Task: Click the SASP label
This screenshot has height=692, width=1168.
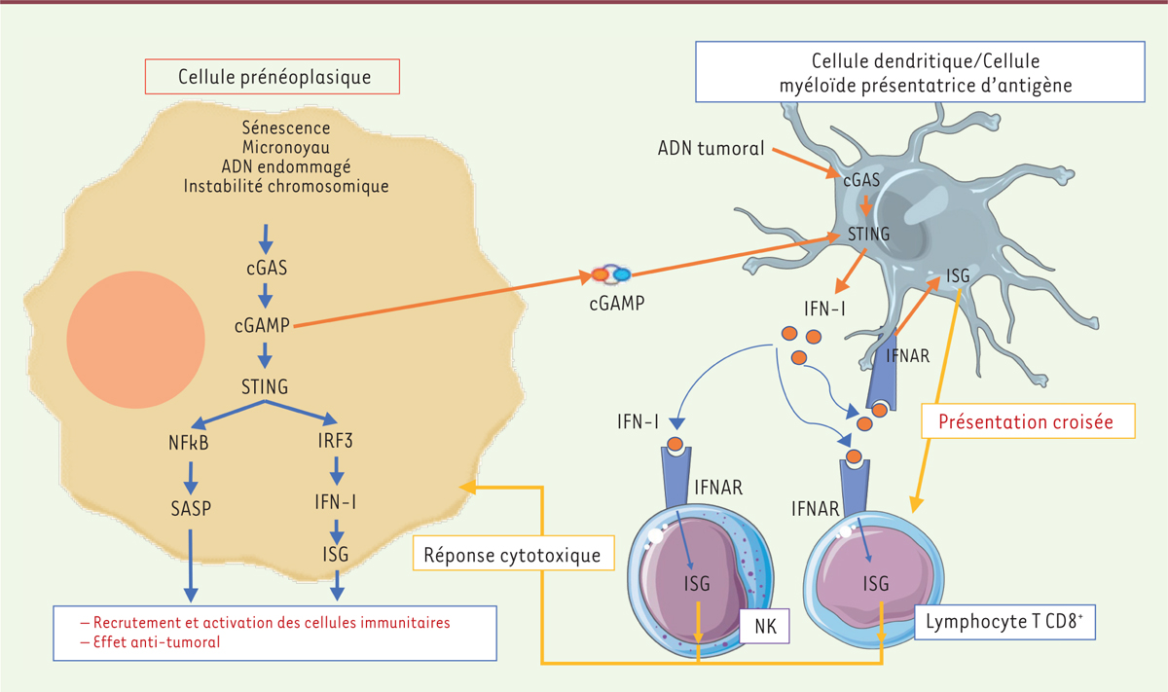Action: [x=192, y=508]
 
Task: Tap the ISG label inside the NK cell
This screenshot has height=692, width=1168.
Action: [x=698, y=583]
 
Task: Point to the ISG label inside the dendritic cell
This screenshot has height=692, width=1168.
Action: [x=957, y=276]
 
